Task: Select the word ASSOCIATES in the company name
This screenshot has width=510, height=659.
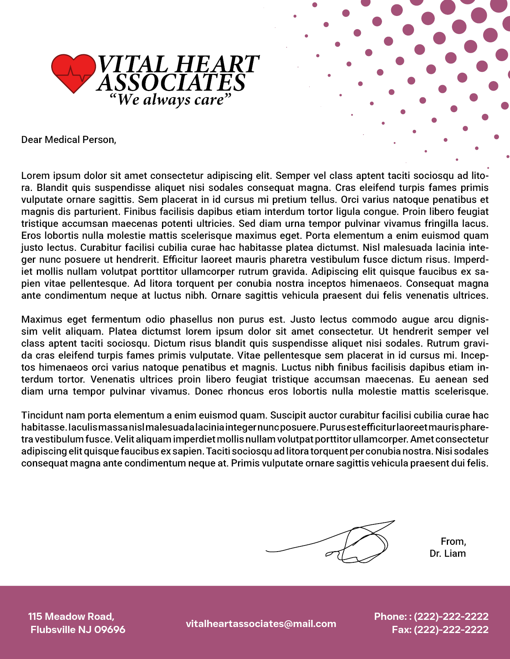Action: [x=171, y=83]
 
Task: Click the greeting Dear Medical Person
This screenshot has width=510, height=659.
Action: [x=68, y=140]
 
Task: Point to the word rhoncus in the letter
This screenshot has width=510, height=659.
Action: [x=246, y=391]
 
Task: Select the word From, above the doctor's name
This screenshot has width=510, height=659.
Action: [x=453, y=542]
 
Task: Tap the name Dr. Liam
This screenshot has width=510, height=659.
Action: [x=448, y=554]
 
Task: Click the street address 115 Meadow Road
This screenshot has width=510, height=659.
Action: [x=71, y=616]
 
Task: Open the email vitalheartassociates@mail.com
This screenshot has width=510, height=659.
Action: [x=261, y=624]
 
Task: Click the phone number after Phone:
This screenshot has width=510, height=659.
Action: [x=451, y=616]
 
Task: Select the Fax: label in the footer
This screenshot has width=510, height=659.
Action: [x=401, y=630]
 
